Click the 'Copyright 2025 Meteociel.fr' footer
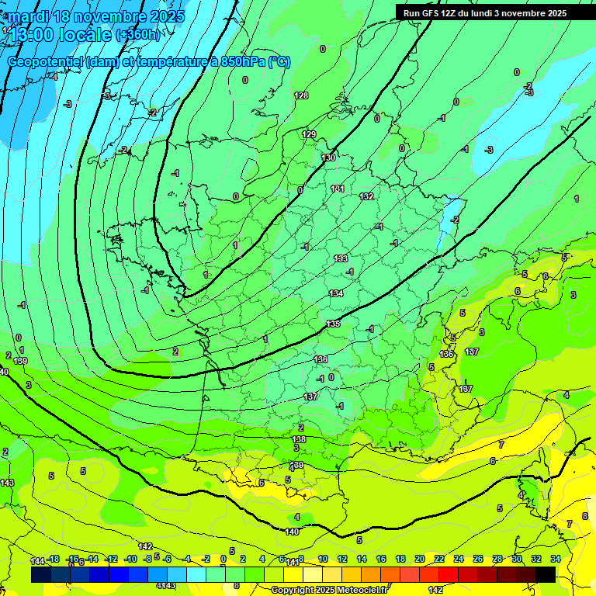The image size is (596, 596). [329, 590]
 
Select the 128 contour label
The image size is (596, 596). [301, 95]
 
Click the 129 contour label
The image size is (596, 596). [309, 134]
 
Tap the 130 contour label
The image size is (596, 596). [328, 158]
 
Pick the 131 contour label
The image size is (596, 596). [338, 189]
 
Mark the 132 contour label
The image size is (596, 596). [367, 196]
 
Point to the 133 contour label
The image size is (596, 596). [341, 258]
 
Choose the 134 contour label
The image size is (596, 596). [336, 293]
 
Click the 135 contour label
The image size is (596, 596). [333, 324]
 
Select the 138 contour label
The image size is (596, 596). [299, 439]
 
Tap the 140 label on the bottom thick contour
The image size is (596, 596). [292, 532]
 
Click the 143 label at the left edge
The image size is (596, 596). [7, 483]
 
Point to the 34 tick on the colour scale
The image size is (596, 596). [556, 559]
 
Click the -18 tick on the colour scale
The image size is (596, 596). [54, 559]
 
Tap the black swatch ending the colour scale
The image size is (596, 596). [546, 574]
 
